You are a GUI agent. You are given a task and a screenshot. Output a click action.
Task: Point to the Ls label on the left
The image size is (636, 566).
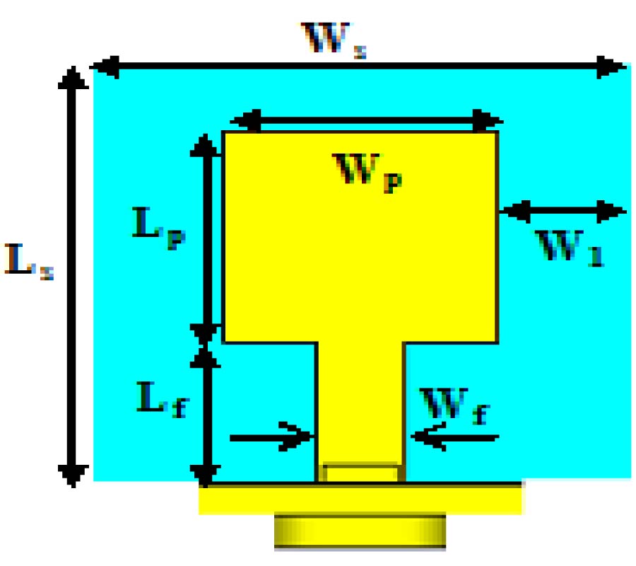pos(28,261)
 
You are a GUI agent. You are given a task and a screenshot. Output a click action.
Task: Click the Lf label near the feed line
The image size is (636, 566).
pos(162,404)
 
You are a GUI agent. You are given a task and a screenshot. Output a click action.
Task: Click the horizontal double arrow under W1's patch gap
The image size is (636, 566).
pos(563,210)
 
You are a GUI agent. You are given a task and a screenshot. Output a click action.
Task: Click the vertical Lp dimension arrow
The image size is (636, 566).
pos(204,234)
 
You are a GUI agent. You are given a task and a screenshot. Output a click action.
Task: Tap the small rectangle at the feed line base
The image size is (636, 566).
pos(360,473)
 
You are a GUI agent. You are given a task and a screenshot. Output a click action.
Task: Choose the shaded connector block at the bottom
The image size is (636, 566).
pos(360,531)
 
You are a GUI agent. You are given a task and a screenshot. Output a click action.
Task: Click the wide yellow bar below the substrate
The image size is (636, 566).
pos(360,499)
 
